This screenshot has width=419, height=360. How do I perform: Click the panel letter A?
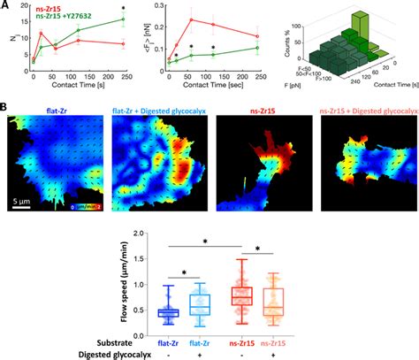[x=5, y=5]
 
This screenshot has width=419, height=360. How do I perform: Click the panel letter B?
[x=5, y=111]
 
